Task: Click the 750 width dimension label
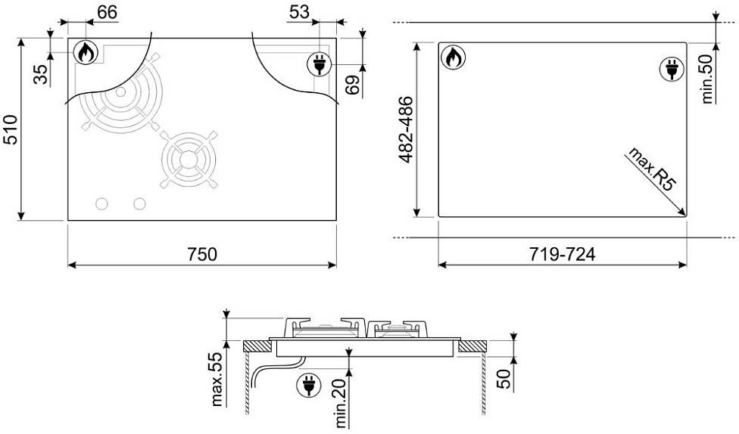click(x=202, y=254)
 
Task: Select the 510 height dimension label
click(x=11, y=129)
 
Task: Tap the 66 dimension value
click(x=107, y=12)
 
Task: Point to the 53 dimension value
click(x=299, y=12)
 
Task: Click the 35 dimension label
click(x=42, y=74)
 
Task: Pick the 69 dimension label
click(x=353, y=85)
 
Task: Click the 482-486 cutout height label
click(x=406, y=129)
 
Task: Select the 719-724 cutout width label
click(x=562, y=254)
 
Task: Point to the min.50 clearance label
click(x=708, y=78)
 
